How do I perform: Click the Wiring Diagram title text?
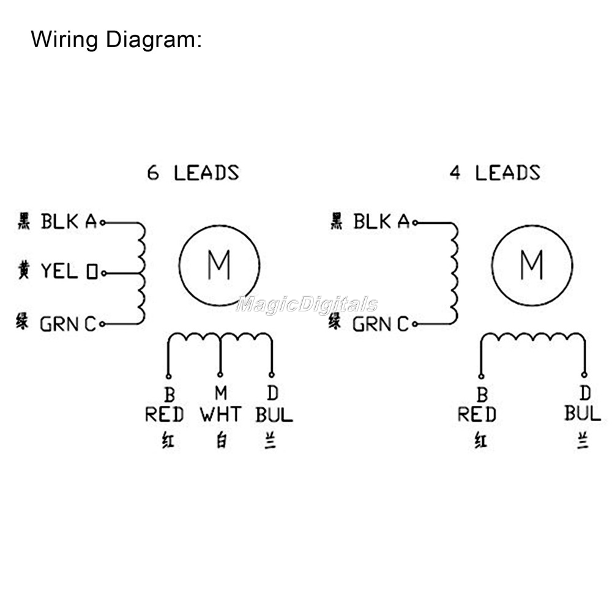(x=116, y=40)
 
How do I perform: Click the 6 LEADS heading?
(x=193, y=173)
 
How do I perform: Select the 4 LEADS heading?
(x=494, y=173)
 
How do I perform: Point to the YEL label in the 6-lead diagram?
(x=59, y=271)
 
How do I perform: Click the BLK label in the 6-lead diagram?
(x=59, y=222)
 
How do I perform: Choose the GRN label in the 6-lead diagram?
(x=61, y=324)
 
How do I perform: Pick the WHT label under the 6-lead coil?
(x=220, y=414)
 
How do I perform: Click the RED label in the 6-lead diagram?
(x=164, y=414)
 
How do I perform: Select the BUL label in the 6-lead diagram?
(x=274, y=414)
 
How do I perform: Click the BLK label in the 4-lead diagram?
(x=372, y=222)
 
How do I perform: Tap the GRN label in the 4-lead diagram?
(x=373, y=324)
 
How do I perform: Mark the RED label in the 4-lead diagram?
(x=477, y=414)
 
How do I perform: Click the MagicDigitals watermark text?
(x=307, y=305)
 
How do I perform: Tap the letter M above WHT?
(x=220, y=392)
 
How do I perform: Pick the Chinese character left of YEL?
(x=23, y=270)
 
